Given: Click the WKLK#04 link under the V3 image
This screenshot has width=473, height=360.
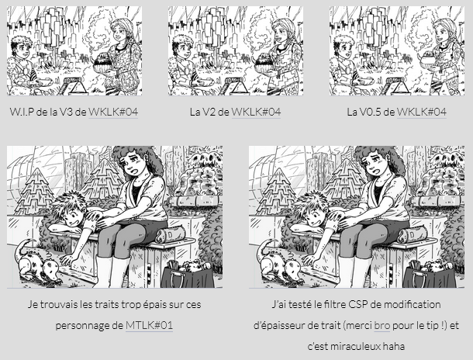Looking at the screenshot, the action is point(113,112).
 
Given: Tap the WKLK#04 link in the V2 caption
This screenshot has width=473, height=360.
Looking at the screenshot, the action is point(256,112).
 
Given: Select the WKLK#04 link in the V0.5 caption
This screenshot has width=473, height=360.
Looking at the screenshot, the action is point(421,112).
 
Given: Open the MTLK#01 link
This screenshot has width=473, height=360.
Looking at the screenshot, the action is point(149,325).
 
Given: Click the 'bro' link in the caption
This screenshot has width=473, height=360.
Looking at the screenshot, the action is point(382,325).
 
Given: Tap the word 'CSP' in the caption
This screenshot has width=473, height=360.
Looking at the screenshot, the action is point(358,304).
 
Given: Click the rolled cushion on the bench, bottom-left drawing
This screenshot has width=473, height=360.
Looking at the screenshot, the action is point(170,235).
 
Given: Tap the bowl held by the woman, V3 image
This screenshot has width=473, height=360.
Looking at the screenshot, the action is point(104,64).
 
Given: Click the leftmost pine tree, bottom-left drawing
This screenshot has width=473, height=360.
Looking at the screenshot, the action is point(35,192).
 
